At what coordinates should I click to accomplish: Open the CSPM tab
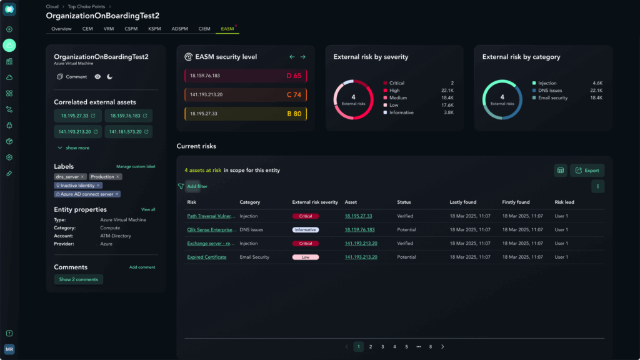point(131,29)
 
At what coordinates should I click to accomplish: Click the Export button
point(587,170)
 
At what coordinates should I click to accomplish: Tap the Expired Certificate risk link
point(207,257)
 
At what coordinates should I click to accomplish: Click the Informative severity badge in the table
point(305,229)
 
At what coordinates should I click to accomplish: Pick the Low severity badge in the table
point(305,257)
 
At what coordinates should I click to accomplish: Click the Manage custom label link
point(136,167)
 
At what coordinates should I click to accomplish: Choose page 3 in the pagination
point(382,346)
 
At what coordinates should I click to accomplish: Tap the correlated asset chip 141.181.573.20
point(129,132)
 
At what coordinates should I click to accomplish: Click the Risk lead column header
point(564,202)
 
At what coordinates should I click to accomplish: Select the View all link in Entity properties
point(148,209)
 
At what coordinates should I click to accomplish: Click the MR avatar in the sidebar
point(9,349)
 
